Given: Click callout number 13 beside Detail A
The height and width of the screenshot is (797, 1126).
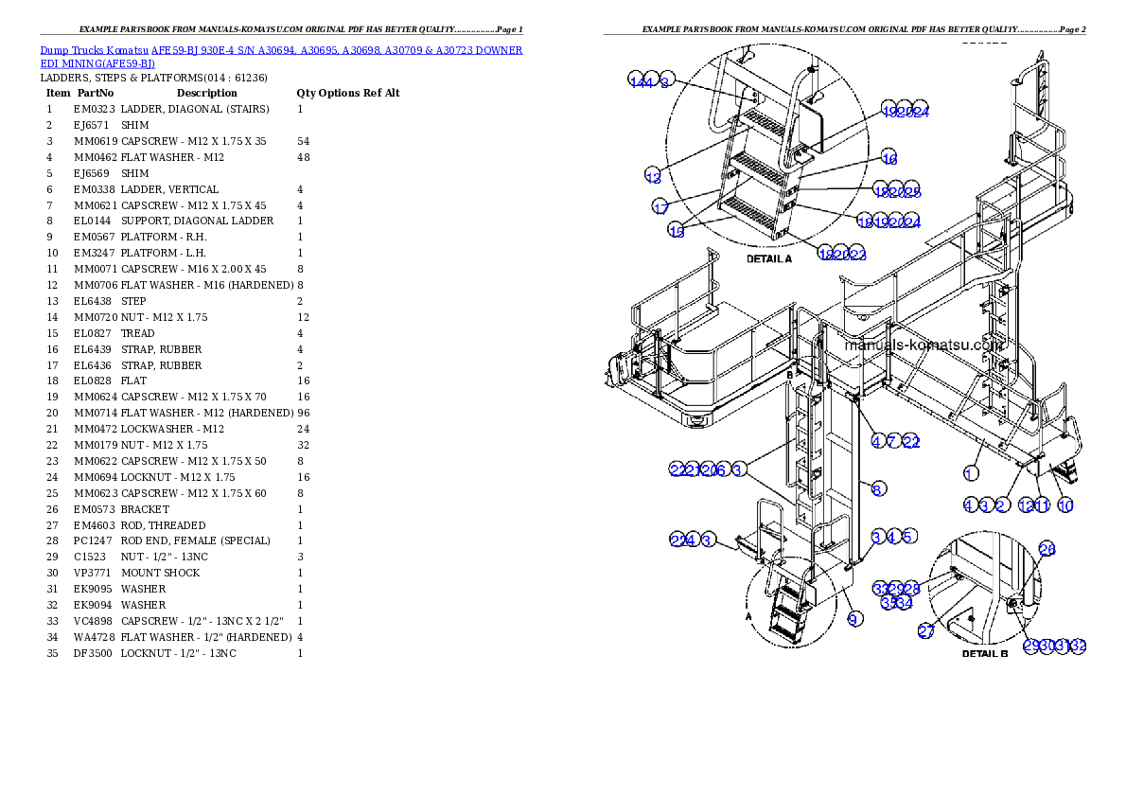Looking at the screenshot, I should (653, 177).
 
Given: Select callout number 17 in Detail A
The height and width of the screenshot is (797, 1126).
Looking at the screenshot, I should (660, 207).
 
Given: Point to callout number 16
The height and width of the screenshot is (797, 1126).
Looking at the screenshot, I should (888, 158).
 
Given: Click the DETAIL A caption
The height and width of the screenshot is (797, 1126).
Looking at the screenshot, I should (769, 258).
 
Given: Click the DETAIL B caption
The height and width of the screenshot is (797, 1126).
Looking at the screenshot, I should (985, 653).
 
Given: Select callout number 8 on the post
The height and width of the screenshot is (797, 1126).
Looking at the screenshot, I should (878, 488).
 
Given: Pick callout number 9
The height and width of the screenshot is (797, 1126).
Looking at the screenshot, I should (854, 619).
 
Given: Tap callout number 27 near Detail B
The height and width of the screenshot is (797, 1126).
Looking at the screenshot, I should (925, 631).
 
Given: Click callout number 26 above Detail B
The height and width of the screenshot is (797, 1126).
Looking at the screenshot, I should (1047, 549).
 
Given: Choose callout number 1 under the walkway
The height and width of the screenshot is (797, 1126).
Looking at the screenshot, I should (970, 472).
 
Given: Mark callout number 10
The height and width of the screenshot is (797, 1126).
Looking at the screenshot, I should (1065, 505).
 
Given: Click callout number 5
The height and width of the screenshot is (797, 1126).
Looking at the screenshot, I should (908, 537).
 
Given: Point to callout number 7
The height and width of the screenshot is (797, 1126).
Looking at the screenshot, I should (893, 441).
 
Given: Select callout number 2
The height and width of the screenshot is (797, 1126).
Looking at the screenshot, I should (1000, 505).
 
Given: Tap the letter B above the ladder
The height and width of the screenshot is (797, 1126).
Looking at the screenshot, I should (788, 376).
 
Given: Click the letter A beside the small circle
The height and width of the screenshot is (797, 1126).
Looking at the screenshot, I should (748, 614).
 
